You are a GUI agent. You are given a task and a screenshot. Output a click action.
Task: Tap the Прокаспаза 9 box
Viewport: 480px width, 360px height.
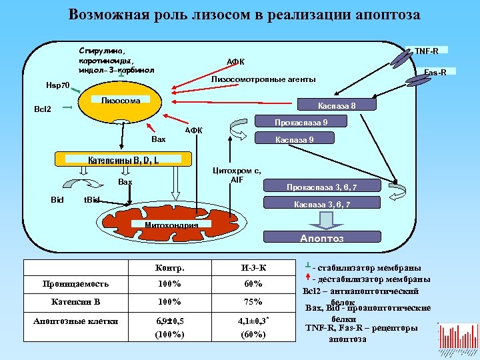tap(301, 122)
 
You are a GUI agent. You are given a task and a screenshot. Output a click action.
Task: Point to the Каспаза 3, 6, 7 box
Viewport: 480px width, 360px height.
tap(323, 204)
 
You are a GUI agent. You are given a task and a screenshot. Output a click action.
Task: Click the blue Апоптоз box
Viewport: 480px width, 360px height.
tap(323, 238)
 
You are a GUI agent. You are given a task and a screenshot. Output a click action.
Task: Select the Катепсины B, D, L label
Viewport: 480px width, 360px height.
tap(124, 160)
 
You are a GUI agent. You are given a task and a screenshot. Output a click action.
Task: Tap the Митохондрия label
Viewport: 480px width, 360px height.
tap(172, 225)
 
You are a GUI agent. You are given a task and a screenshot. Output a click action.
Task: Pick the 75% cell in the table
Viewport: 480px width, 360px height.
tap(254, 301)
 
